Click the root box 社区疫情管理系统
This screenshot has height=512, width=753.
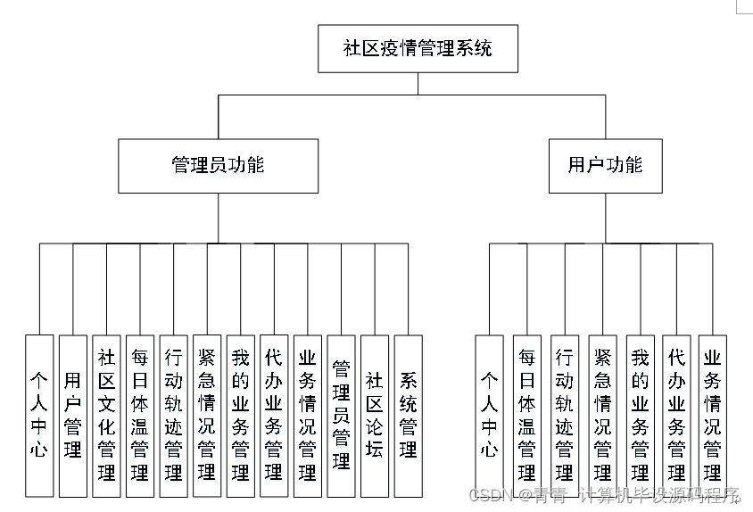point(418,48)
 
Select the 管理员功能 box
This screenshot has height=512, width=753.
point(218,166)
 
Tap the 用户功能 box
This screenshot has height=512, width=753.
point(606,166)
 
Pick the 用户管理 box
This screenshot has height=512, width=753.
point(73,416)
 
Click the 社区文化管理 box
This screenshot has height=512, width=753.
point(106,416)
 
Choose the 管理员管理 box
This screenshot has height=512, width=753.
point(341,416)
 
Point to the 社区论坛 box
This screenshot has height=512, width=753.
point(375,416)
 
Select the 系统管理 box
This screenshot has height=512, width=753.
point(409,416)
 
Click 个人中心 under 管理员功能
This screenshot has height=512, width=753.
point(39,416)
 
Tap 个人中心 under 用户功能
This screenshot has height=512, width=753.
point(489,416)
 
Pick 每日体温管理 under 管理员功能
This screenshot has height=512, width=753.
point(140,416)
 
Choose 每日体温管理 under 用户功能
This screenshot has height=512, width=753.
point(526,416)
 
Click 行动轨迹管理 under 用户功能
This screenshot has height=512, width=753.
point(565,416)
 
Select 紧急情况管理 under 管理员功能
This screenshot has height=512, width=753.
point(207,416)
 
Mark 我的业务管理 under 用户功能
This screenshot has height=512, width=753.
point(641,416)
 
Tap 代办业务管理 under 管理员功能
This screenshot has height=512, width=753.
point(274,416)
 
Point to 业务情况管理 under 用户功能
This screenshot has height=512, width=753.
point(712,416)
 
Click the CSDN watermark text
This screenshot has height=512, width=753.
point(603,495)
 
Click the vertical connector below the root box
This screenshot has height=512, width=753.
point(418,84)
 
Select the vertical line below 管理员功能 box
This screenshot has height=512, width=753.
point(218,218)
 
